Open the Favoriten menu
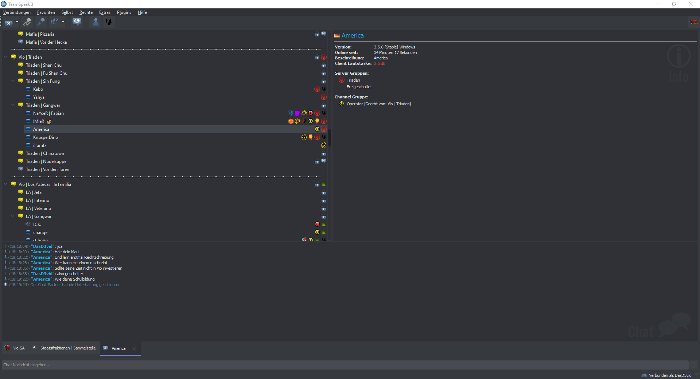click(x=46, y=12)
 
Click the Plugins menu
click(x=124, y=12)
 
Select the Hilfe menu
click(x=142, y=12)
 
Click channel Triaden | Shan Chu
click(x=44, y=65)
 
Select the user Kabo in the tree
click(x=38, y=89)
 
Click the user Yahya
click(x=39, y=97)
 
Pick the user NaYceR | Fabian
click(x=48, y=113)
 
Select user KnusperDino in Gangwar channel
click(x=45, y=137)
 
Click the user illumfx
click(x=40, y=145)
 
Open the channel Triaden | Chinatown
click(x=45, y=153)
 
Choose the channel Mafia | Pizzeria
click(x=40, y=34)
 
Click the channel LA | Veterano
click(x=38, y=208)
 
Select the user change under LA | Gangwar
click(x=40, y=233)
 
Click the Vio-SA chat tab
click(x=19, y=348)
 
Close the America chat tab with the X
click(x=134, y=349)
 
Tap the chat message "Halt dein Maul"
click(x=67, y=252)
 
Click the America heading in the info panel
click(x=353, y=36)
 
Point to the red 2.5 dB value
click(x=380, y=63)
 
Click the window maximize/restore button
click(x=674, y=4)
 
